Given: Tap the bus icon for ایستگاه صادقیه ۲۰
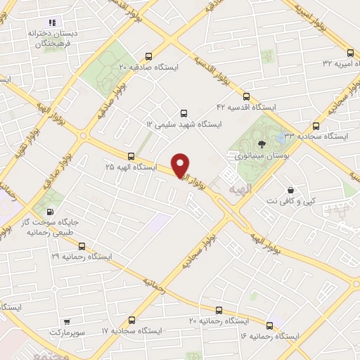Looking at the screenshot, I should point(148,57).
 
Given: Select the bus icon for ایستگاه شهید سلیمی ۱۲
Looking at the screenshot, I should point(184,113).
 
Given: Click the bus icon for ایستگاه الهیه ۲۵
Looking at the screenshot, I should point(131,156).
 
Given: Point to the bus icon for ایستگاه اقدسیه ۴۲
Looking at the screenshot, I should point(246,96).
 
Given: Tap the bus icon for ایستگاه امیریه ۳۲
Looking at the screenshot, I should point(351,53).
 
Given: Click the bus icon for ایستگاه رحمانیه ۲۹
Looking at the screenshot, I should point(82,247).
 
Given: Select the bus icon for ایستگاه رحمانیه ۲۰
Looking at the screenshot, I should point(219,310).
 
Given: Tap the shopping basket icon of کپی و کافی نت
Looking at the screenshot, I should point(290,190).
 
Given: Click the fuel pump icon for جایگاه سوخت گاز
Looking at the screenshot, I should point(49,212).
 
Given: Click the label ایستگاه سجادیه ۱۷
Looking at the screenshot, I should point(131,330).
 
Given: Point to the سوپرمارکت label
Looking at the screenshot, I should point(66,330).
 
